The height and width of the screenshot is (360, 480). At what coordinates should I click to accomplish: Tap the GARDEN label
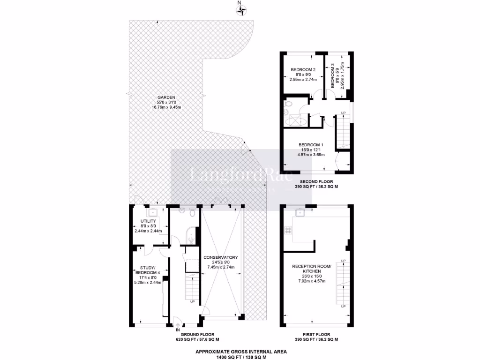tap(166, 97)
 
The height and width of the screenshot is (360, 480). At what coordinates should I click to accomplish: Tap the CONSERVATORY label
tap(221, 257)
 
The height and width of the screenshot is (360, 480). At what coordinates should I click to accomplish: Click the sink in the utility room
tap(153, 212)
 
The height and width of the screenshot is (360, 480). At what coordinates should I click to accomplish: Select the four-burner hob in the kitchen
tap(288, 231)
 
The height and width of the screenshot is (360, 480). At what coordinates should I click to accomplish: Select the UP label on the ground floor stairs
tap(192, 302)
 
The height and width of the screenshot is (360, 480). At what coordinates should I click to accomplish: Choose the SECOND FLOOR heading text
tap(316, 181)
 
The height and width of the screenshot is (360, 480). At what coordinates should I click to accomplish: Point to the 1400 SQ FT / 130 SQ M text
tap(240, 357)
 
